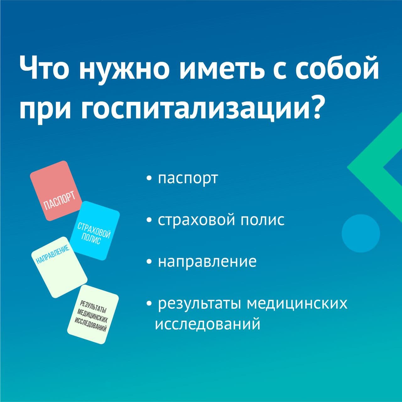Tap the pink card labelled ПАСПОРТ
(56, 191)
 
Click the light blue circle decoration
(361, 234)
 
